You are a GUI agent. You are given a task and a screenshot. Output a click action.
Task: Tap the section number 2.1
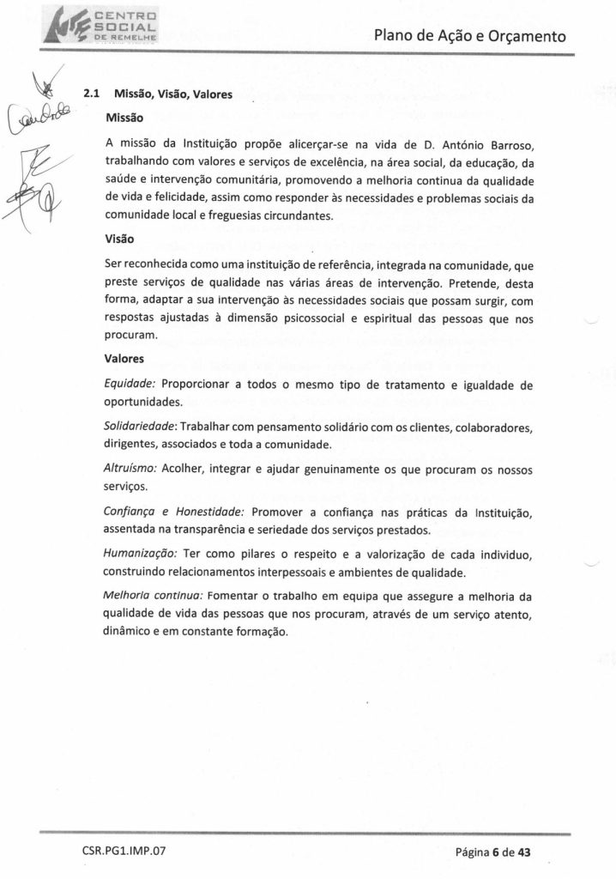pos(88,95)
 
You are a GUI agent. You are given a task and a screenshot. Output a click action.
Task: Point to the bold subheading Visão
pos(120,241)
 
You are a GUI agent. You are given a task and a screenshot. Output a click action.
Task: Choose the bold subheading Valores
pos(124,358)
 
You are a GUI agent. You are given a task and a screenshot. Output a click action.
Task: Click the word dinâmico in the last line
pos(130,630)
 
